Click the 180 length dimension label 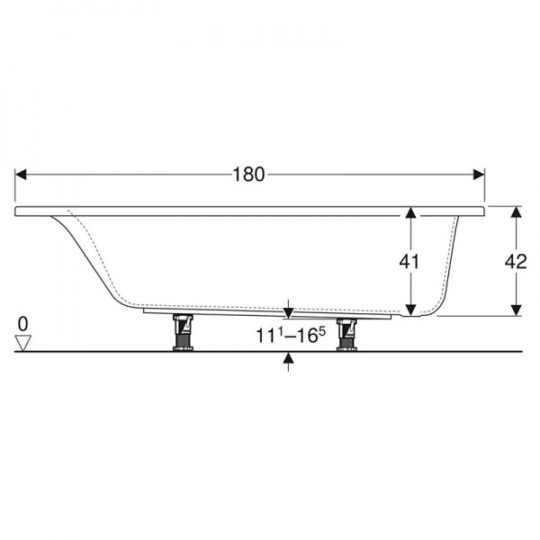pyautogui.click(x=249, y=175)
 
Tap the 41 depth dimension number pyautogui.click(x=409, y=262)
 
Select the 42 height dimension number pyautogui.click(x=516, y=262)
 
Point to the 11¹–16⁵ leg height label pyautogui.click(x=291, y=335)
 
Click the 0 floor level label pyautogui.click(x=23, y=324)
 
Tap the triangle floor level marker pyautogui.click(x=23, y=343)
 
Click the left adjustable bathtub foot pyautogui.click(x=183, y=333)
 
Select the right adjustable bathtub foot pyautogui.click(x=346, y=335)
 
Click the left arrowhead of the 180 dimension pyautogui.click(x=21, y=175)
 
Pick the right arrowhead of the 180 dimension pyautogui.click(x=479, y=175)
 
